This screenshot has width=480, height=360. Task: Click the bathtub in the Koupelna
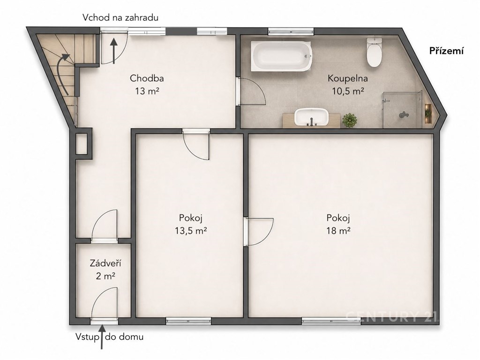click(x=281, y=56)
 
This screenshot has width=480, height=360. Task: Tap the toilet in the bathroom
click(x=374, y=52)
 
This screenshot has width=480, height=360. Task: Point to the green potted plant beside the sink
click(x=350, y=120)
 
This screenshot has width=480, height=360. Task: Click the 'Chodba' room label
click(x=147, y=78)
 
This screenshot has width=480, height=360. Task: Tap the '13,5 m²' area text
click(x=191, y=230)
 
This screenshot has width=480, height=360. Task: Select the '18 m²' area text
click(x=338, y=230)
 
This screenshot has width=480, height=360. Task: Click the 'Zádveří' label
click(x=105, y=263)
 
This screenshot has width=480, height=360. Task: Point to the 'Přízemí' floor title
click(x=446, y=51)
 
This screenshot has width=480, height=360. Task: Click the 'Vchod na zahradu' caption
click(x=120, y=17)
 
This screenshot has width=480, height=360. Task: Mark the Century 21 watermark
click(x=392, y=316)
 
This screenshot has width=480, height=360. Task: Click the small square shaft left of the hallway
click(x=82, y=143)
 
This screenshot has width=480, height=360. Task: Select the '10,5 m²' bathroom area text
click(x=348, y=91)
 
